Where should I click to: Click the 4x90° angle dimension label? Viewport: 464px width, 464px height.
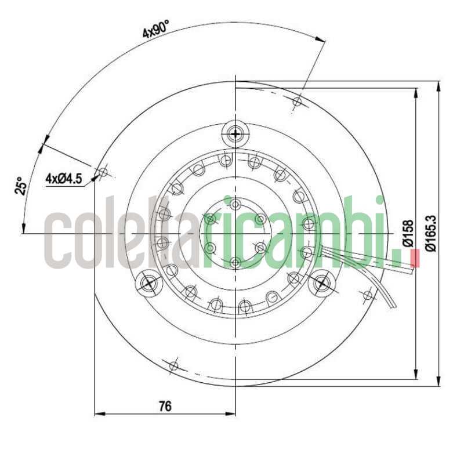156,28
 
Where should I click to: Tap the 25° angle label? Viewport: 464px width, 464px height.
21,186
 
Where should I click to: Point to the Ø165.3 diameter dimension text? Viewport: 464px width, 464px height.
430,233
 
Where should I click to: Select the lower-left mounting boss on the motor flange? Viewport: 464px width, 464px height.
148,283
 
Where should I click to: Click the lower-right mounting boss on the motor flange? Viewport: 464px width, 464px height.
322,284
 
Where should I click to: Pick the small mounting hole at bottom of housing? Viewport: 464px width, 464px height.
173,365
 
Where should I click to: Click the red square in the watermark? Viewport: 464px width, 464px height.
414,258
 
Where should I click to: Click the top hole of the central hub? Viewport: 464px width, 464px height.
235,204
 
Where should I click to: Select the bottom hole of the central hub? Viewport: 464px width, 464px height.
235,263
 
